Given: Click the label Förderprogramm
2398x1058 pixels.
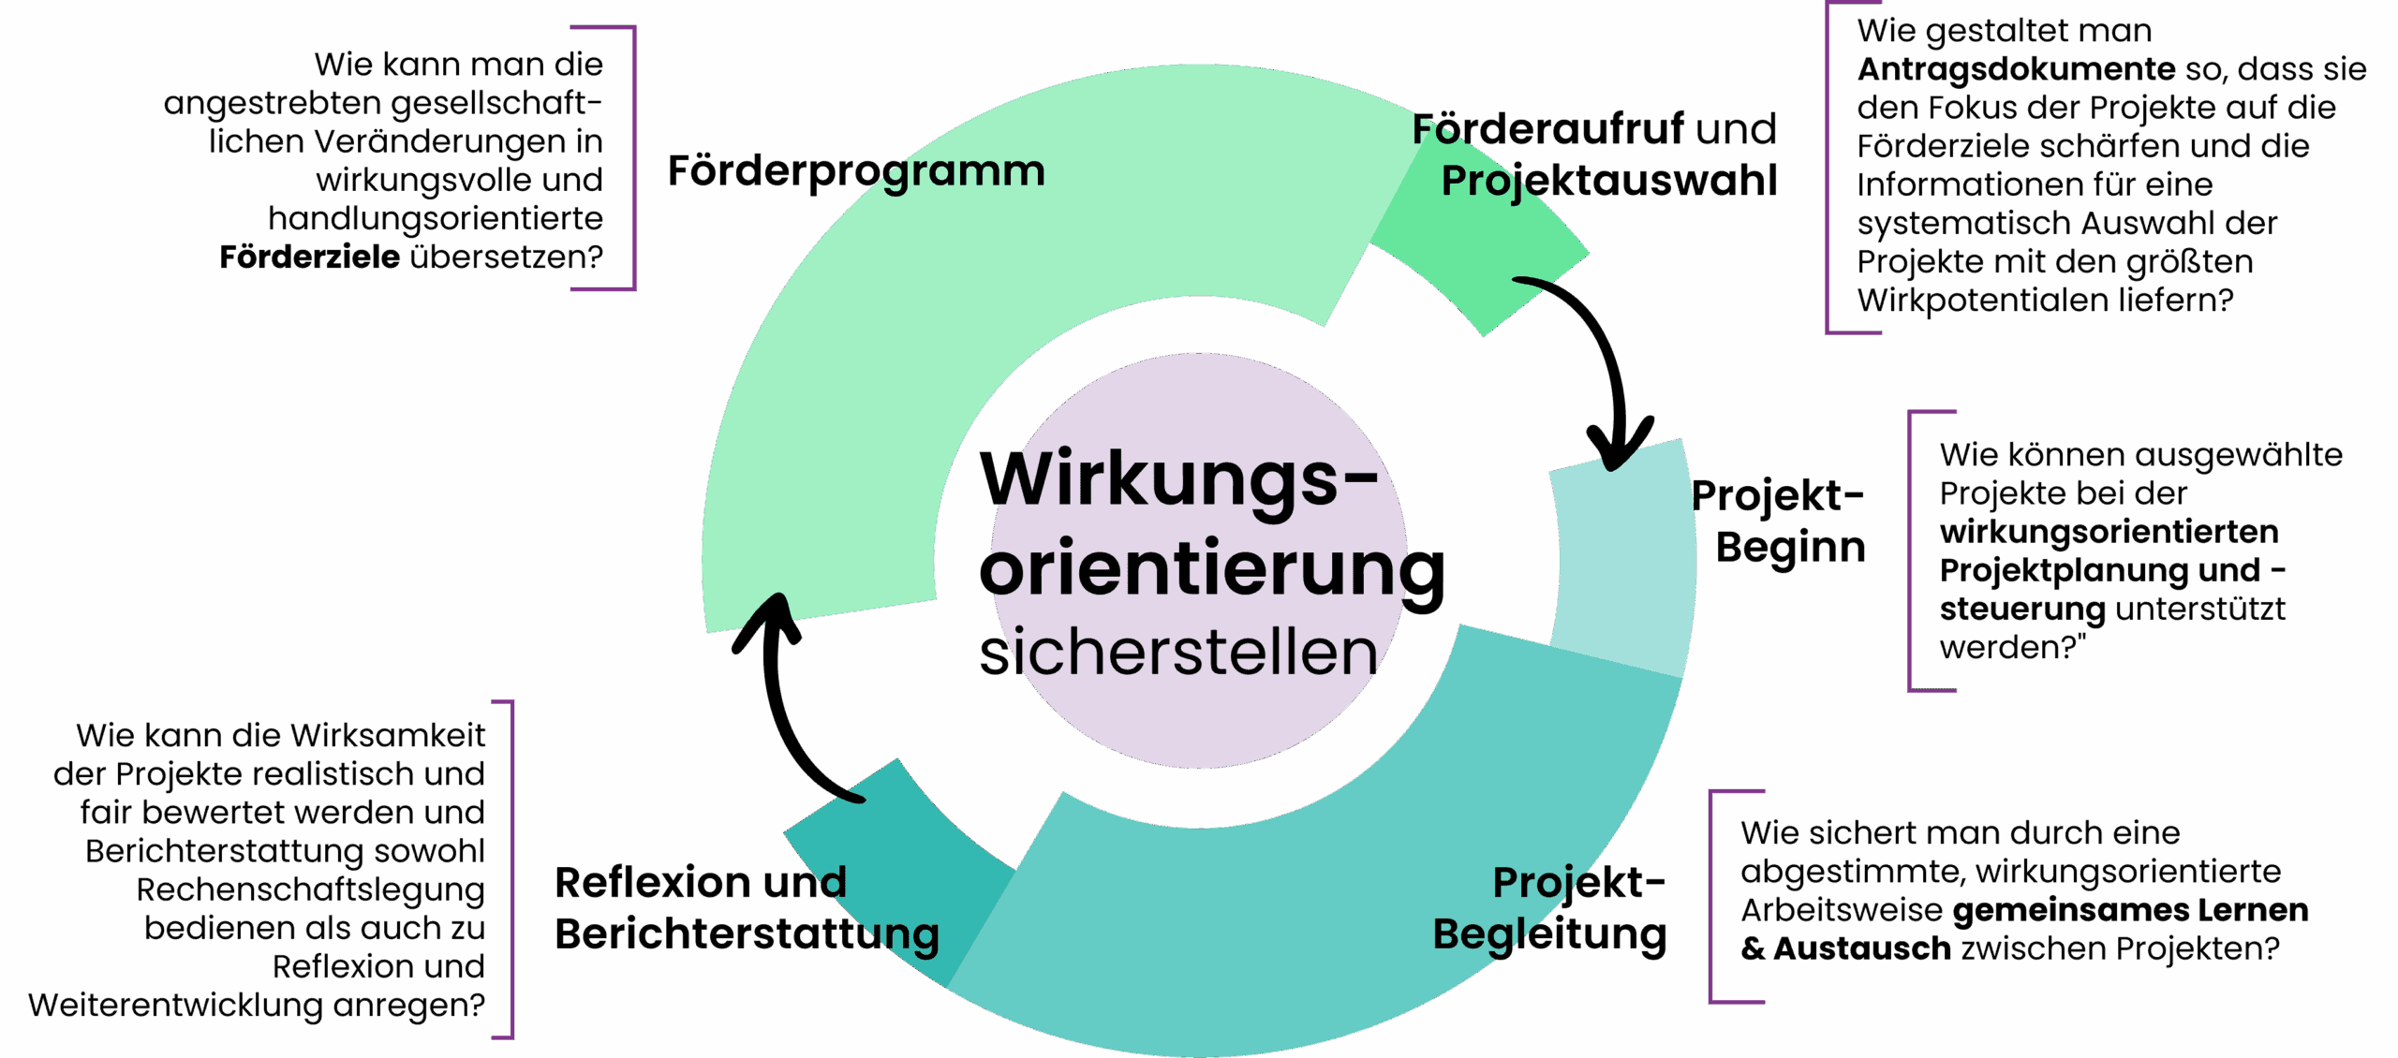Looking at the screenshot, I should tap(855, 172).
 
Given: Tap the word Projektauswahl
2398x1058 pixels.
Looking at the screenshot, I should tap(1608, 182).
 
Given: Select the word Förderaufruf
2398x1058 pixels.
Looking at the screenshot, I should tap(1547, 129).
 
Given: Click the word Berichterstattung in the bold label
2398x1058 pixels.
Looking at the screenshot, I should tap(747, 935).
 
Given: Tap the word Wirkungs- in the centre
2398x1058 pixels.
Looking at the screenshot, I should tap(1178, 478).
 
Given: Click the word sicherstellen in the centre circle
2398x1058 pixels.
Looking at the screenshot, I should tap(1178, 653).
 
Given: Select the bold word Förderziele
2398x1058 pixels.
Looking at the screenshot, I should tap(310, 257).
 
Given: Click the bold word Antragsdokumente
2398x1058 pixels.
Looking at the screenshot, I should tap(2016, 69).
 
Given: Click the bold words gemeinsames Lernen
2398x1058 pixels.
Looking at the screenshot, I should tap(2130, 910).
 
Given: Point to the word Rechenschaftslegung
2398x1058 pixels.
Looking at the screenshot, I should tap(311, 889).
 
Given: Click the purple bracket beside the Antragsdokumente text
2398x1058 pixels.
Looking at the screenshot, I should tap(1829, 169).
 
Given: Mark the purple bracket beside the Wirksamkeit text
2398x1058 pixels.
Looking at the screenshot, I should tap(511, 869).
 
